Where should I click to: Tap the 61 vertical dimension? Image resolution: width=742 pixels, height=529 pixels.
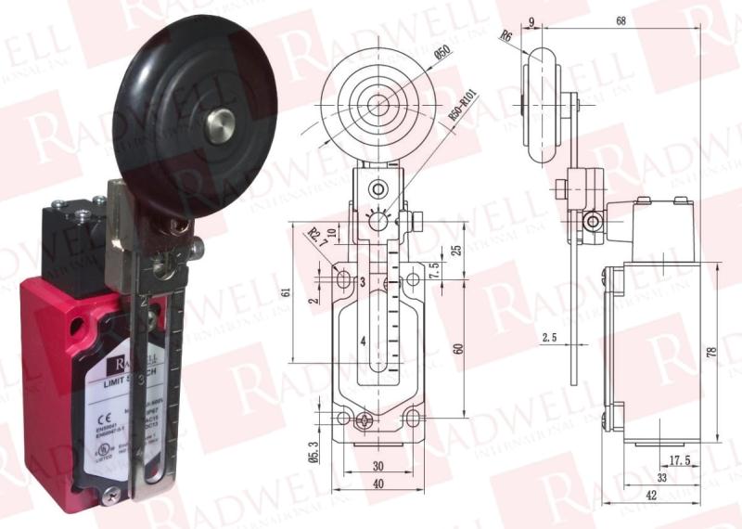(x=284, y=292)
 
